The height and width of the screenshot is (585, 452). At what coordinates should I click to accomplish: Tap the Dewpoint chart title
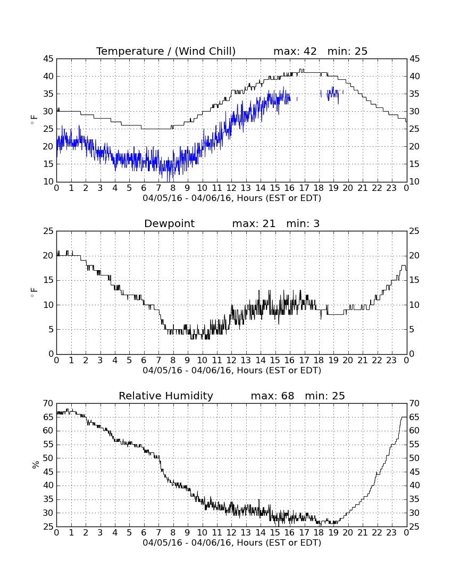click(169, 223)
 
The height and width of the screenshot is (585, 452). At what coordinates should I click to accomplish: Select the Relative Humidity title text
click(166, 396)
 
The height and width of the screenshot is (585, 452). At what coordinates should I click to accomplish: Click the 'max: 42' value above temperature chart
click(295, 51)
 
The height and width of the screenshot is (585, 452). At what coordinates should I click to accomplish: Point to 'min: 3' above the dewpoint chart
click(303, 223)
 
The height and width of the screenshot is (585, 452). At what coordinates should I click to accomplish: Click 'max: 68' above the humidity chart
click(272, 396)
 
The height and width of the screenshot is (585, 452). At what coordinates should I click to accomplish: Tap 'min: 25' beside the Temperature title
click(347, 51)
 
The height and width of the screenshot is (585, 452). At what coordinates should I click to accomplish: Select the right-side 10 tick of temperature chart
click(415, 182)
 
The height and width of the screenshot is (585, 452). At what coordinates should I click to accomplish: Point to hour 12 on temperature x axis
click(231, 188)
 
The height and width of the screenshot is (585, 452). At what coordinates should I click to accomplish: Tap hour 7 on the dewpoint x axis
click(158, 361)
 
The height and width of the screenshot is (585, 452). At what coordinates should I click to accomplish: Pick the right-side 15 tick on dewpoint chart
click(415, 281)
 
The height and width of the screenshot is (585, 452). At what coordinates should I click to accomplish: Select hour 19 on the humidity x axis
click(333, 533)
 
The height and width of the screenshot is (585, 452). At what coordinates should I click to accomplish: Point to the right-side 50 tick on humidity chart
click(415, 458)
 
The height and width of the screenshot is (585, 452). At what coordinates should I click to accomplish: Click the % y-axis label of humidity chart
click(36, 465)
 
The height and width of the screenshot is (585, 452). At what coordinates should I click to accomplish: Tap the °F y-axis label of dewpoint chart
click(35, 292)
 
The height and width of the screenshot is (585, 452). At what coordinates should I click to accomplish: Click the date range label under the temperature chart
click(232, 198)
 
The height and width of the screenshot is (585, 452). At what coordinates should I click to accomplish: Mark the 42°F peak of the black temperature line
click(302, 69)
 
